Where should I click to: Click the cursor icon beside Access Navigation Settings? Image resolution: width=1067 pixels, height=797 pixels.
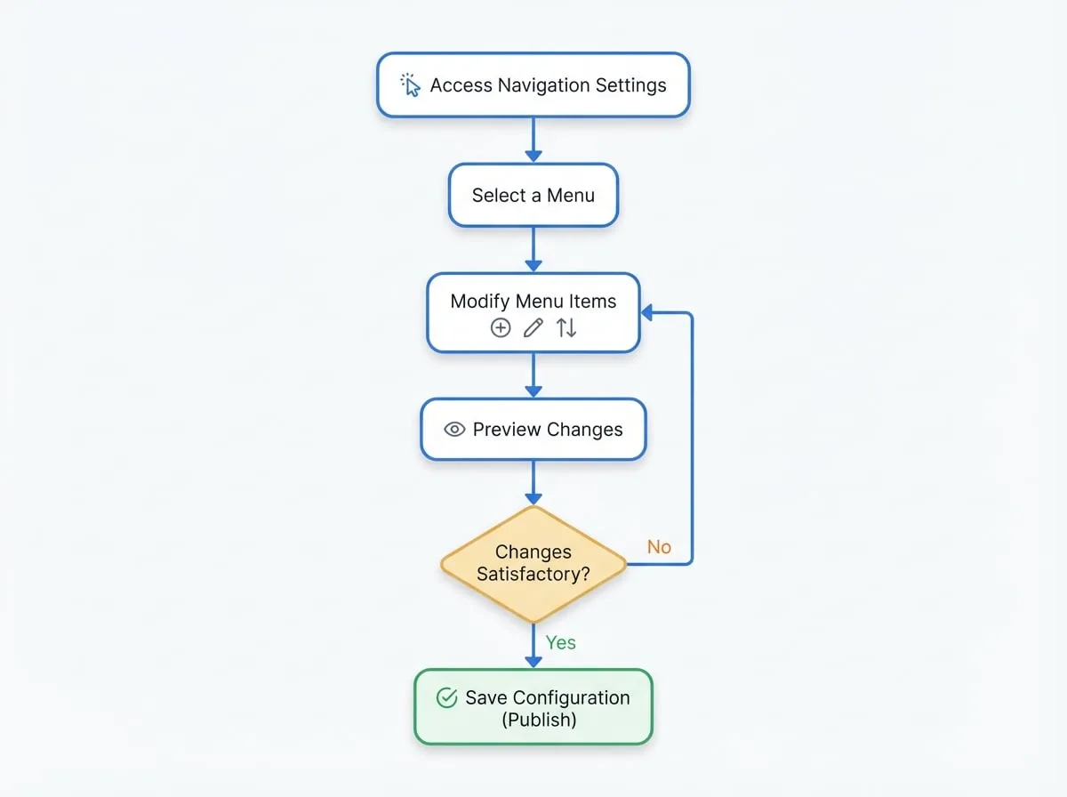point(410,85)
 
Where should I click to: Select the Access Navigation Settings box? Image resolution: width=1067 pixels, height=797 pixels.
point(533,85)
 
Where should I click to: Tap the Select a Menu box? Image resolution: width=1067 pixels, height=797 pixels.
point(533,195)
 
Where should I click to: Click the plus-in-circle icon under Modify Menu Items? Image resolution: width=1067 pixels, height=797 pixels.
point(501,327)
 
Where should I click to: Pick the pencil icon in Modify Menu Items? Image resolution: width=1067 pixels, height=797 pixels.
point(533,327)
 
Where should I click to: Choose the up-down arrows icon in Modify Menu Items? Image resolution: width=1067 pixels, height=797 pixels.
point(566,327)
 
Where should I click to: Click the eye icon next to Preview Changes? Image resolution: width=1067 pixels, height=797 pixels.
point(454,430)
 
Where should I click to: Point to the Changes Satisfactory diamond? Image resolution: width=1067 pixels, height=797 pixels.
point(533,564)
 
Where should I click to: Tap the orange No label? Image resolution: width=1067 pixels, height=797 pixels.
point(659,547)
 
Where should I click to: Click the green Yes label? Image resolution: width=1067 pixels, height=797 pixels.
point(560,642)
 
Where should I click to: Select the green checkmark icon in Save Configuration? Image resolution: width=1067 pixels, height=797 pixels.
point(446,697)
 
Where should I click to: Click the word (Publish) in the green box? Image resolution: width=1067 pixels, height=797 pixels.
point(539,720)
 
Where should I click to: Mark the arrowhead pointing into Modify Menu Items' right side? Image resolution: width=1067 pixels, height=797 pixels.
point(647,313)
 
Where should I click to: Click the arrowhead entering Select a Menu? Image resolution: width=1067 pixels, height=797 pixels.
point(533,156)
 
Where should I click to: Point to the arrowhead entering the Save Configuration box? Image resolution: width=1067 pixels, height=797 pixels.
point(533,662)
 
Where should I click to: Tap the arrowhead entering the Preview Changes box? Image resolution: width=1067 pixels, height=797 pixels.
point(533,391)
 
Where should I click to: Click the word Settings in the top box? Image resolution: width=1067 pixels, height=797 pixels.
point(631,85)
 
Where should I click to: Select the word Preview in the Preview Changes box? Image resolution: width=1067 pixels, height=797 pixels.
point(507,430)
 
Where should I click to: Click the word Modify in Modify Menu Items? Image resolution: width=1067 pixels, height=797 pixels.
point(480,302)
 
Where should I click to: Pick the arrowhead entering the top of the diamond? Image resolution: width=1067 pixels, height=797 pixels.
point(533,499)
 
